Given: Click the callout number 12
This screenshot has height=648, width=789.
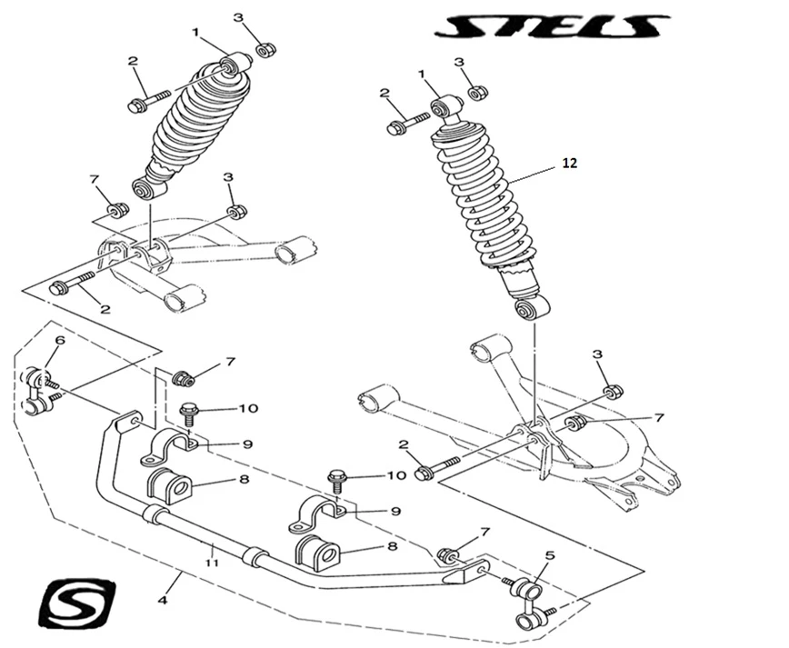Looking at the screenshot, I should pos(569,164).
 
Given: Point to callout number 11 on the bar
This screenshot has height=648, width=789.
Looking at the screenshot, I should pos(213,563).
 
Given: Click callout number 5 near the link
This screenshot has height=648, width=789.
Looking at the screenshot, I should pos(549,554).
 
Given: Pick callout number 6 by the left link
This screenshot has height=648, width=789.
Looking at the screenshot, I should pos(60,341).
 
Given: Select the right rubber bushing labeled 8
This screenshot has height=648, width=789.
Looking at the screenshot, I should pos(316,553).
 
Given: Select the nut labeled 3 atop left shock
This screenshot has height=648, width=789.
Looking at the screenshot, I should pos(265,49).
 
